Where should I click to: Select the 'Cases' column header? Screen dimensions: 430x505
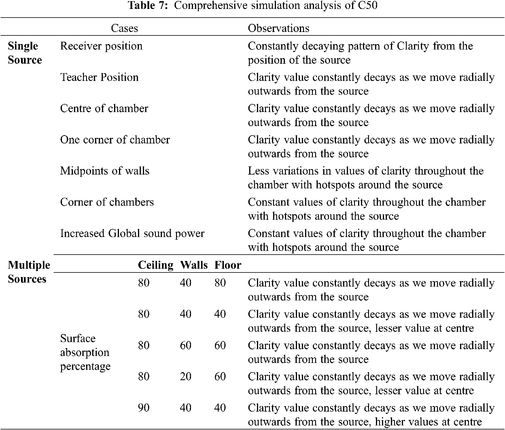124,28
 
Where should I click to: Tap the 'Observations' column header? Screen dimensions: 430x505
279,28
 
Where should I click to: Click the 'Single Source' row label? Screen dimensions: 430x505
25,53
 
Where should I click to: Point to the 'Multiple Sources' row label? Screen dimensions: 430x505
29,272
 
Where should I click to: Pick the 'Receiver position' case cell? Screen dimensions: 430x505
101,46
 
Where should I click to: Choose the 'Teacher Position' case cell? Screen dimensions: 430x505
99,77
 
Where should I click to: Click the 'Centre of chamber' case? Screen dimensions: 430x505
104,109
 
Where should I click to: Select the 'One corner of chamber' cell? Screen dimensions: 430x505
115,140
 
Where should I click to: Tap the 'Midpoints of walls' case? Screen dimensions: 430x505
105,171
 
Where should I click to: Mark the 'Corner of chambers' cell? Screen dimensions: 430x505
107,202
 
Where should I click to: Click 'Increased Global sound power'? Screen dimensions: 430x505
132,233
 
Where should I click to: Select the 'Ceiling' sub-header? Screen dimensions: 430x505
156,265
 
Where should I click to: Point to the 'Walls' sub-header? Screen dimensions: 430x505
194,265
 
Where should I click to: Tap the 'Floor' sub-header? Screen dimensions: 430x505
228,265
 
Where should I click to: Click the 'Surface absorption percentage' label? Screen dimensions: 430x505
85,352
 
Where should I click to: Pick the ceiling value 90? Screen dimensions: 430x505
144,408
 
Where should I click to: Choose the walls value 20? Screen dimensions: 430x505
186,376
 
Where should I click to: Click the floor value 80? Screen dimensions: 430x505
220,283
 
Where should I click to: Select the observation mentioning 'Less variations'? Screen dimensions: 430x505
366,178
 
